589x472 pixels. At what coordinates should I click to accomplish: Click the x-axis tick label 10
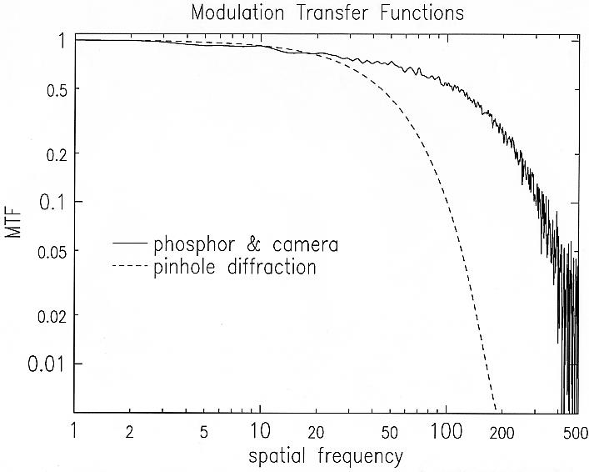[260, 431]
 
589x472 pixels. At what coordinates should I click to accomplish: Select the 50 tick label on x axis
[389, 431]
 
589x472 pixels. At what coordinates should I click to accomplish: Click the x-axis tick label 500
[574, 431]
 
